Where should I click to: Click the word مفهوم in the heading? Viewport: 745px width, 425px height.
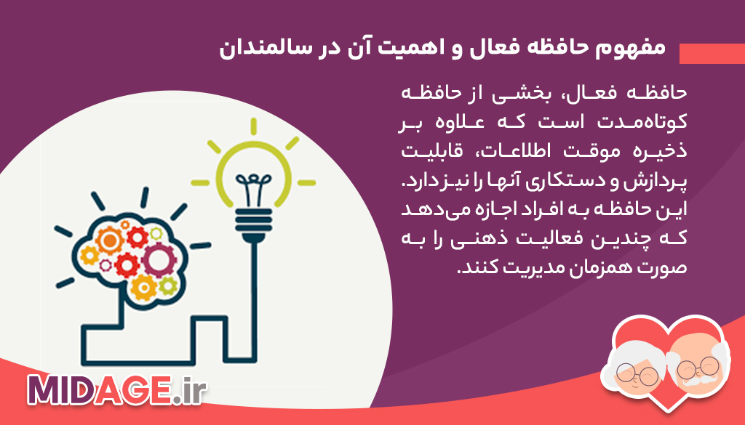pos(635,49)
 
